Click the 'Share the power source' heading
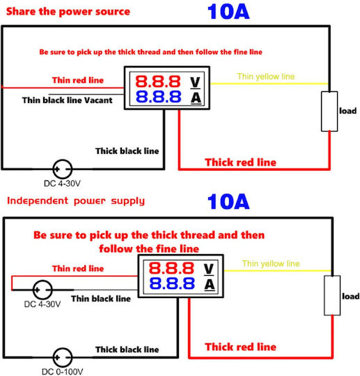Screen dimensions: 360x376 point(68,12)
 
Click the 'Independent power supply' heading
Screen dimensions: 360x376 point(76,201)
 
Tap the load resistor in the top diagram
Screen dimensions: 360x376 point(329,111)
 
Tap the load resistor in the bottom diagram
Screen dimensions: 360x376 point(332,295)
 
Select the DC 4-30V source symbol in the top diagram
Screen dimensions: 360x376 point(63,169)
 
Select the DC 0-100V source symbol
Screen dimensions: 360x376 point(63,357)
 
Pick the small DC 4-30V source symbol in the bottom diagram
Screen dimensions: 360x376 point(42,290)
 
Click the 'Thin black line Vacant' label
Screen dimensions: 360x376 point(67,100)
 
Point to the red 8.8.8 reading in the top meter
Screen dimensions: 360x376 point(158,81)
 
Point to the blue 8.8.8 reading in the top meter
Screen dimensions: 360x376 point(158,97)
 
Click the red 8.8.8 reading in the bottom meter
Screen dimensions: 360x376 point(171,268)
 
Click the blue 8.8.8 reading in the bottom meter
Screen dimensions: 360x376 point(172,283)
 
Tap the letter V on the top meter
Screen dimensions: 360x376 point(195,82)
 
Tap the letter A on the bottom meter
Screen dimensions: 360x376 point(210,285)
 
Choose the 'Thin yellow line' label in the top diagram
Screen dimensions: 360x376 point(266,77)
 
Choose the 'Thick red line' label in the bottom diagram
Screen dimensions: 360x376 point(240,347)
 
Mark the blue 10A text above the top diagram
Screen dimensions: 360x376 point(228,12)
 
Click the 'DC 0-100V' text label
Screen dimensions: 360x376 point(63,372)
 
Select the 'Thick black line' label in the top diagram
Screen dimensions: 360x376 point(127,151)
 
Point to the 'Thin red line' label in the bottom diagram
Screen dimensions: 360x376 point(78,268)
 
